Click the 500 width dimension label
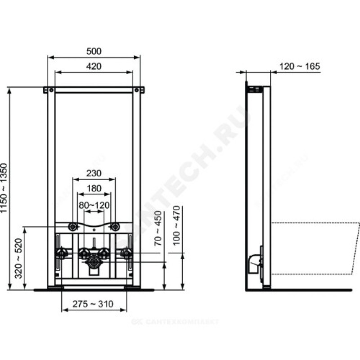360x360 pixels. pyautogui.click(x=94, y=51)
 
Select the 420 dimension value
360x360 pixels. pyautogui.click(x=94, y=66)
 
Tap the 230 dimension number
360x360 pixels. pyautogui.click(x=94, y=173)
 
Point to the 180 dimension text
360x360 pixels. pyautogui.click(x=94, y=189)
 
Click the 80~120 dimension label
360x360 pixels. pyautogui.click(x=94, y=205)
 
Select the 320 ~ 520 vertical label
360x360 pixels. pyautogui.click(x=18, y=258)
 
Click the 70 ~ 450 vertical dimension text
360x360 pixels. pyautogui.click(x=158, y=229)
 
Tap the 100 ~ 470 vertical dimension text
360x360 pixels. pyautogui.click(x=176, y=225)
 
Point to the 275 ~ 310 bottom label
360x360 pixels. pyautogui.click(x=93, y=304)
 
